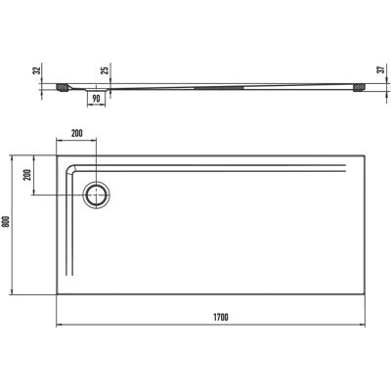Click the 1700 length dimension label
[221, 317]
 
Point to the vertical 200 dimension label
[28, 175]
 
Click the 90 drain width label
[96, 99]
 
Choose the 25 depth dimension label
[105, 69]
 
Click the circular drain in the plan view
[96, 195]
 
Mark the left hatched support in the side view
[62, 88]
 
